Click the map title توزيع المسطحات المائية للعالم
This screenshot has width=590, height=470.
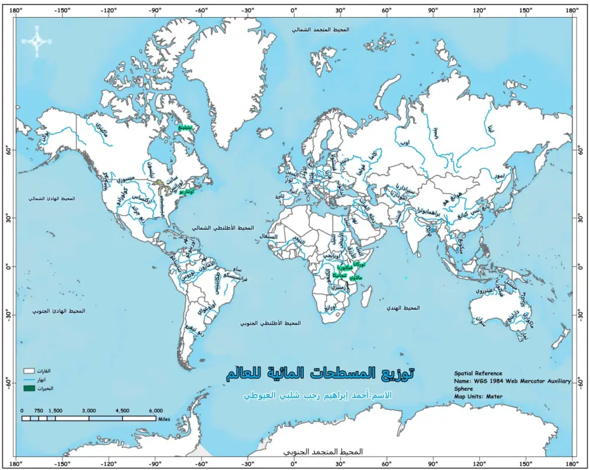pos(320,374)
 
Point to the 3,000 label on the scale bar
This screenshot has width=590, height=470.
pos(89,410)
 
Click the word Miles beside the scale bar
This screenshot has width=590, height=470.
pos(165,418)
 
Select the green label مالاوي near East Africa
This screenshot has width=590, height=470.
pos(356,277)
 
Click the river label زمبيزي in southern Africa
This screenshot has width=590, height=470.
pos(337,287)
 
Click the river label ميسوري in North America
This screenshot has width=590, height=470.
pos(125,179)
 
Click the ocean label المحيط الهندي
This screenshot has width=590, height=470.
pos(403,308)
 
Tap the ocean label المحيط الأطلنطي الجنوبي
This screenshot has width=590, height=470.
pos(270,323)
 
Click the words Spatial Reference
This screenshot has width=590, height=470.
pos(478,373)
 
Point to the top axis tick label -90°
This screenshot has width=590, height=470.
pos(155,10)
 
